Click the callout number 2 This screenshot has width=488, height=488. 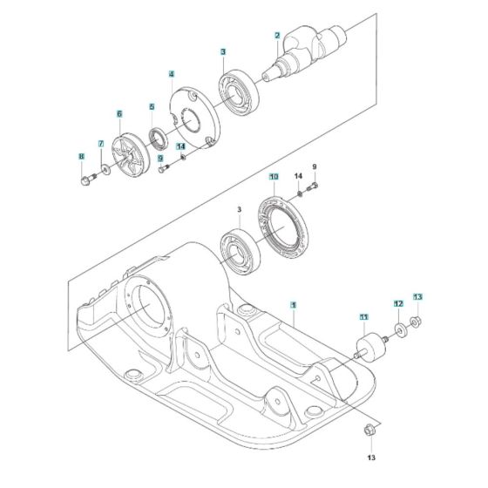(x=277, y=35)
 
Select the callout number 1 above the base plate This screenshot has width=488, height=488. (x=294, y=306)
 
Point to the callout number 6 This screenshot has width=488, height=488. (x=119, y=113)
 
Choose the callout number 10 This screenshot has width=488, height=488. (x=273, y=177)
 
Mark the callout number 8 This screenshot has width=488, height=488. (x=82, y=157)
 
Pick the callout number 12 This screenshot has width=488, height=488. (x=397, y=303)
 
